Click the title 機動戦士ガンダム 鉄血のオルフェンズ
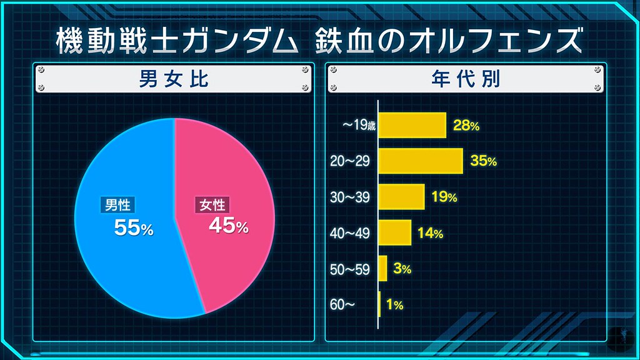point(319,40)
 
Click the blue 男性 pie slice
point(125,262)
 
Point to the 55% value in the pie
point(133,228)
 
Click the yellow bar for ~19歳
point(412,125)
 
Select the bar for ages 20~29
point(421,161)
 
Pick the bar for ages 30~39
point(402,197)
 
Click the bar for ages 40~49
point(395,233)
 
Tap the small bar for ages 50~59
point(383,269)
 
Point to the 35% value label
point(484,161)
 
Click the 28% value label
point(467,126)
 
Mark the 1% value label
point(394,305)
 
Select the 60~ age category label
point(342,305)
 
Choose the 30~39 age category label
point(350,197)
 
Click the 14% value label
point(431,234)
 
